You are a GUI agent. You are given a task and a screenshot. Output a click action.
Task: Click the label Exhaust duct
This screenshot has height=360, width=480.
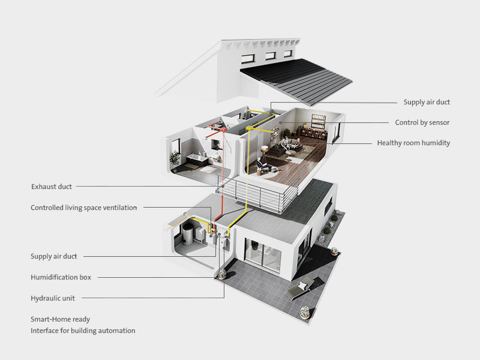point(52,187)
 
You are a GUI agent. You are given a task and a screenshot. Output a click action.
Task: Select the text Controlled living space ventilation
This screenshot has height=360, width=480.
point(83,208)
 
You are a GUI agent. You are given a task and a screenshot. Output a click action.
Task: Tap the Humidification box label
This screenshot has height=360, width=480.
point(61,277)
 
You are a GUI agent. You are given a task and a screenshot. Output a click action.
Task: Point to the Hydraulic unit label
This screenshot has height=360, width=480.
point(53,298)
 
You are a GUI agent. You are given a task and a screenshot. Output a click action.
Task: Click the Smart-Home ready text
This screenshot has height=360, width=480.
point(61,319)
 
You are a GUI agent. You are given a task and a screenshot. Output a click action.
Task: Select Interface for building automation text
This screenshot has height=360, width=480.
point(83,331)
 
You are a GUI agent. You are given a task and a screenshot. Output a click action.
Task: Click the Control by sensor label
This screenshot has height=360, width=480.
point(422,122)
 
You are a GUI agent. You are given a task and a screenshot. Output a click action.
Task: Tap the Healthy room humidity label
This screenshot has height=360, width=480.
point(413,143)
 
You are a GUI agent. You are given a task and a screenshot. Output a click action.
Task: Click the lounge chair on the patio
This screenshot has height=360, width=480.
point(299,288)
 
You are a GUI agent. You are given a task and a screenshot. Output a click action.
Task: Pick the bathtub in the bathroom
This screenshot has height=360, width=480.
point(197,160)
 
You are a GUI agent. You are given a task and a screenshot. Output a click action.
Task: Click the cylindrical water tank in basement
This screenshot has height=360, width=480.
point(187,234)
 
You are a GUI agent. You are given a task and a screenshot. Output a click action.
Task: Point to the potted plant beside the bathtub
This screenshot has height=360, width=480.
point(175,161)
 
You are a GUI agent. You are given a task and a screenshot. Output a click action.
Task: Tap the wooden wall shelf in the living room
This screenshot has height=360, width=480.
point(319,121)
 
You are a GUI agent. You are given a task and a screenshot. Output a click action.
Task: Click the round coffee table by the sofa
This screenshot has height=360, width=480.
point(288,152)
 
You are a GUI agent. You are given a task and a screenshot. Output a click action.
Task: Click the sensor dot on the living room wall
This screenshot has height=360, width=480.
point(280,123)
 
